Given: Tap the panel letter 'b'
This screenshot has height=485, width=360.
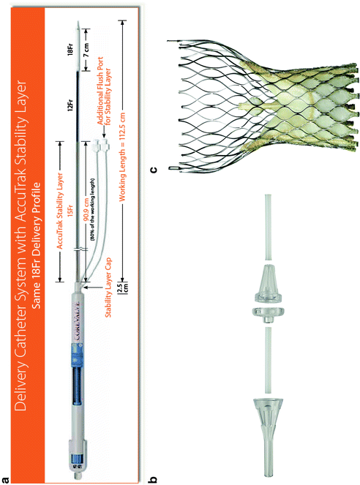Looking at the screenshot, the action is pos(153,480).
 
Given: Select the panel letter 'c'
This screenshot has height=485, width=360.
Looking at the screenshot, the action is pos(154,169).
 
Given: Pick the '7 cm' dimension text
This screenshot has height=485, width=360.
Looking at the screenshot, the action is pos(86,49).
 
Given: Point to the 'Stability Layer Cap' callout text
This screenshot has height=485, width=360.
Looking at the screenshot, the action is pos(108,287).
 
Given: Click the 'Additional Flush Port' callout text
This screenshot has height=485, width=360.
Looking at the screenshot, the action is pos(100,91).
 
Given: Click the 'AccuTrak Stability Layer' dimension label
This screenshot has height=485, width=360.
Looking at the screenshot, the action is pos(60,211).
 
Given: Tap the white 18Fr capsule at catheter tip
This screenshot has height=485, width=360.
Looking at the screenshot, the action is pos(78,49).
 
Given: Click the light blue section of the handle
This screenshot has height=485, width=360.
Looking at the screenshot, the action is pos(78,355).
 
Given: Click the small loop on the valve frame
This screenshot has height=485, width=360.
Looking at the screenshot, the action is pos(172,168).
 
